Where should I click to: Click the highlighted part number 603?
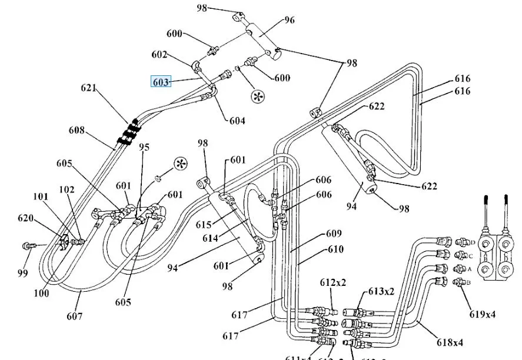point(161,82)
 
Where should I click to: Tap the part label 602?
point(160,55)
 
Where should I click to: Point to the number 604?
point(237,121)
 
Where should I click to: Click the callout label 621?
point(89,89)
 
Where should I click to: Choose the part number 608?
point(77,130)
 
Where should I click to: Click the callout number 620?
point(25,218)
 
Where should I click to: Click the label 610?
point(335,249)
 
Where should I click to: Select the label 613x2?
point(381,291)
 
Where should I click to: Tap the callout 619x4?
point(483,315)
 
